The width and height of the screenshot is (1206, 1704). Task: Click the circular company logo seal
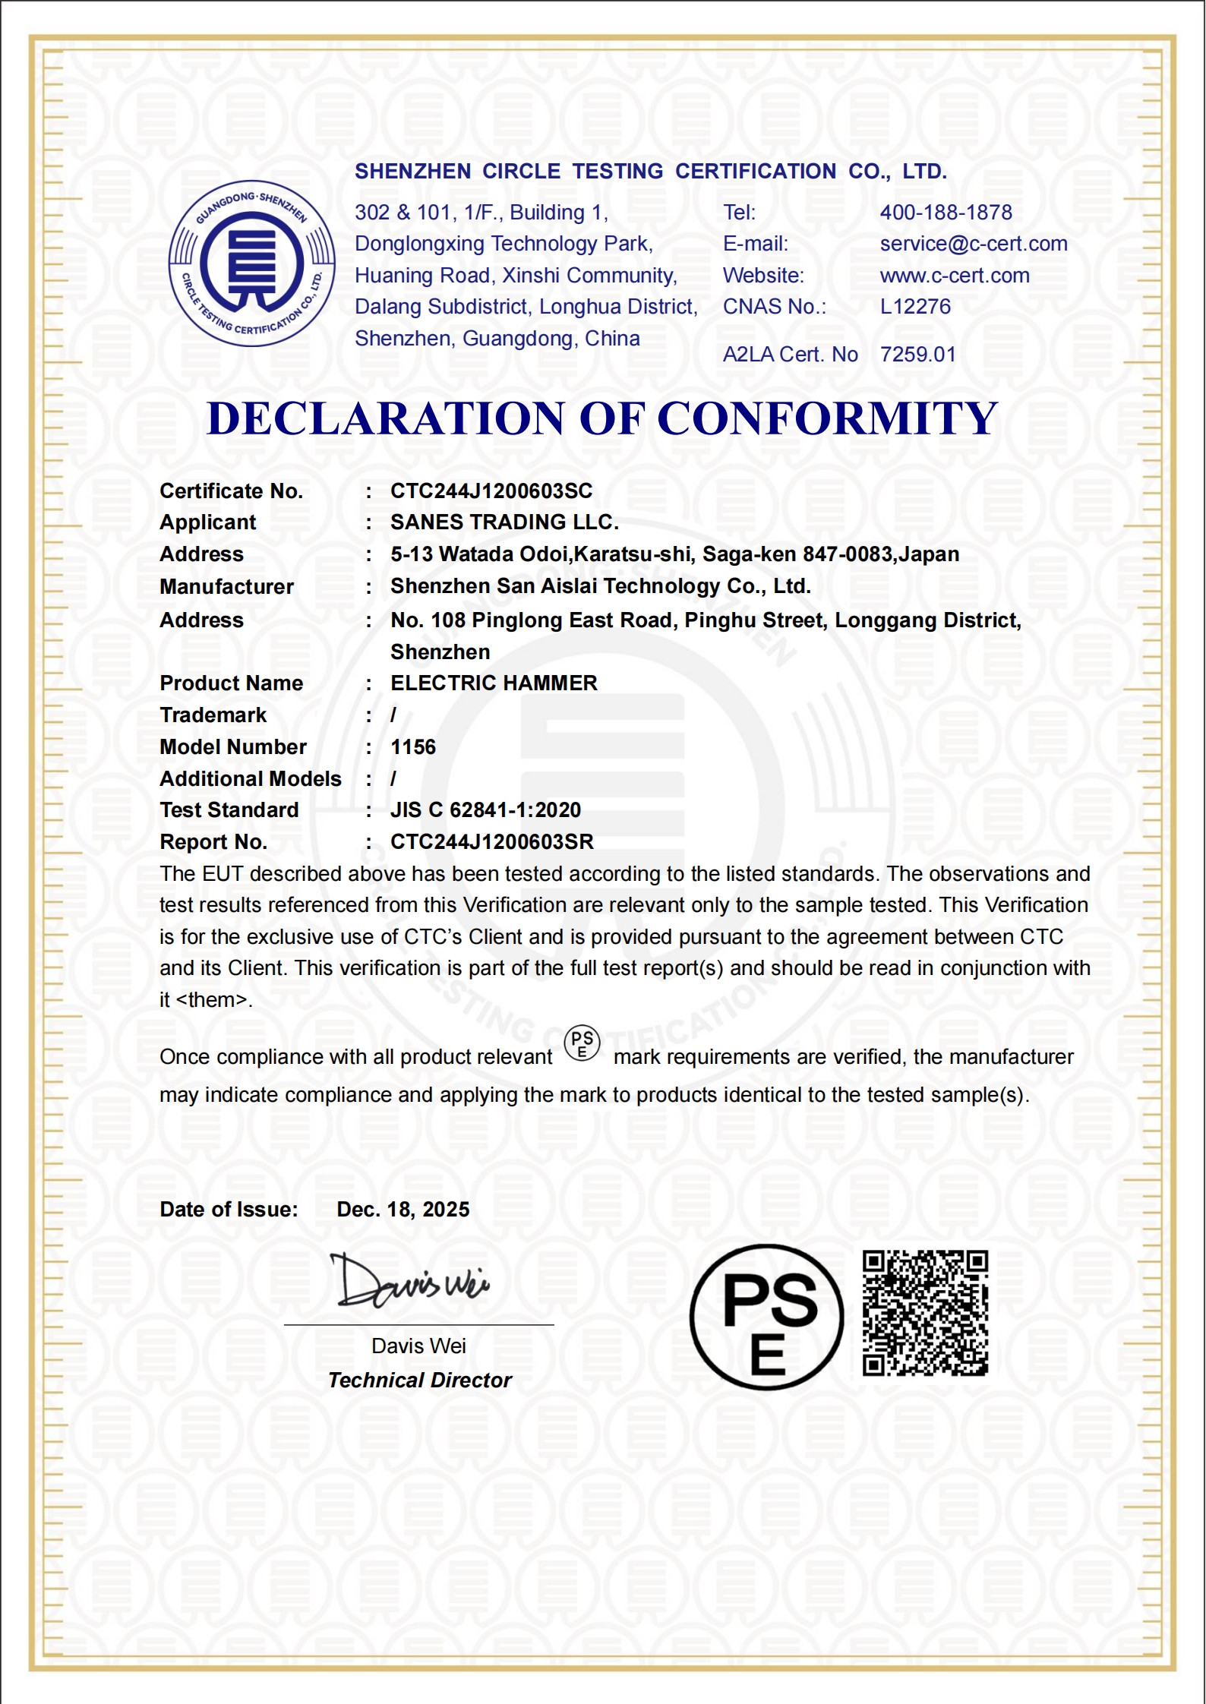251,264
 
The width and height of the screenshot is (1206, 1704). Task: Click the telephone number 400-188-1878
946,213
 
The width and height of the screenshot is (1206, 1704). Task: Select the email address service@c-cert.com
974,244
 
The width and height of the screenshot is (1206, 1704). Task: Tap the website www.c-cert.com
955,276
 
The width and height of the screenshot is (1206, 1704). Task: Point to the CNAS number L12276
915,307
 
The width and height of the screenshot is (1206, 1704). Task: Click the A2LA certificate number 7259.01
917,355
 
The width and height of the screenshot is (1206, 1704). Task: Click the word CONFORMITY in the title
827,418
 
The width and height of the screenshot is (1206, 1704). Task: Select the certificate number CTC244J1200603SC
491,491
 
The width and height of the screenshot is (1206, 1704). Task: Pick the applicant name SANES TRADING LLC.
504,522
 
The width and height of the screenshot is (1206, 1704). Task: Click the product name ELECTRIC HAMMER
494,683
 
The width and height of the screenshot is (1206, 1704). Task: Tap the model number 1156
413,747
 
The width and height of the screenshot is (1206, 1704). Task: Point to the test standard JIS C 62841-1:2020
485,810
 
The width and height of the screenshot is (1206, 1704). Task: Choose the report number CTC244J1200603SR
492,842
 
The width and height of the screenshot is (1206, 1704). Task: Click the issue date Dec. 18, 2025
403,1210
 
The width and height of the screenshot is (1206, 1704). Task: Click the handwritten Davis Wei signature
409,1282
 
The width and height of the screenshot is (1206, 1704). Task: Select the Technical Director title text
419,1381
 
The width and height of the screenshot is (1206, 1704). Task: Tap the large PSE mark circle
766,1317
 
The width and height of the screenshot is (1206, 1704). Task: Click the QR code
925,1313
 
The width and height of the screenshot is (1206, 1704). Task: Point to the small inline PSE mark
582,1044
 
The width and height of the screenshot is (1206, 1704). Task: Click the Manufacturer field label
226,587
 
